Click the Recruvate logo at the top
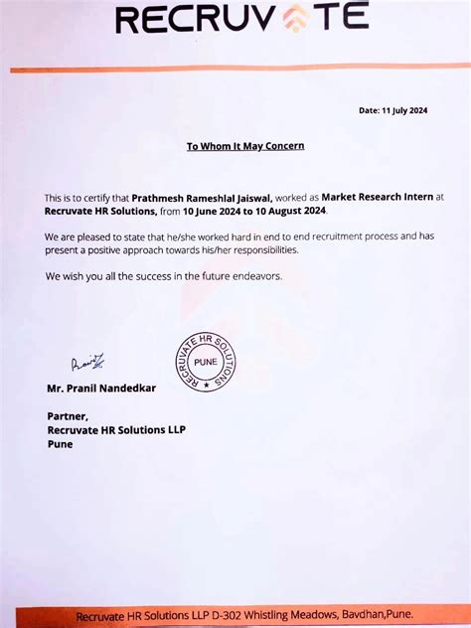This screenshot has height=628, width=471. [242, 19]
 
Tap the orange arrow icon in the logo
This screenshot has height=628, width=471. [296, 19]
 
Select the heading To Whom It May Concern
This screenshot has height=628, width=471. [245, 146]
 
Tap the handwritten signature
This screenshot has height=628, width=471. [87, 364]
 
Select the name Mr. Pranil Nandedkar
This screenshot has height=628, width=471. [101, 388]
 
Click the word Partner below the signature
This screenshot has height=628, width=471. [68, 416]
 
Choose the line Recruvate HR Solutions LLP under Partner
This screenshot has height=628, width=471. [116, 429]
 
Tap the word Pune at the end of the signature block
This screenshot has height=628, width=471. [60, 443]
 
